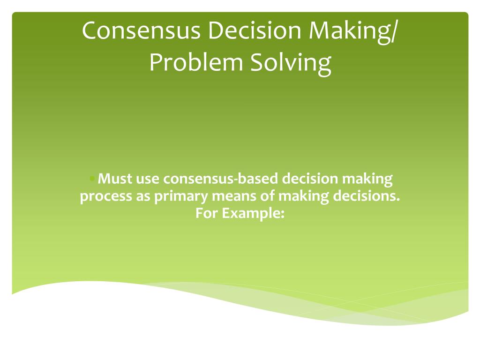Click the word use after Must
(147, 179)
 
